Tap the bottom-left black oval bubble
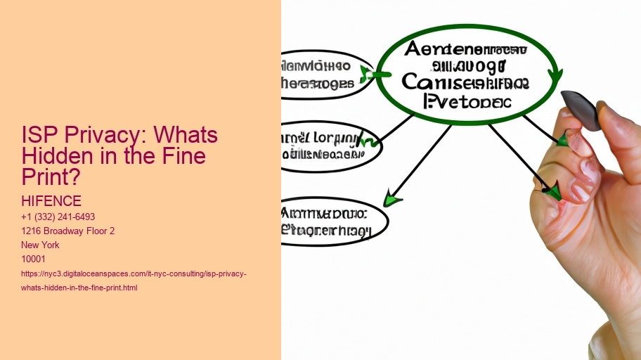click(x=333, y=221)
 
